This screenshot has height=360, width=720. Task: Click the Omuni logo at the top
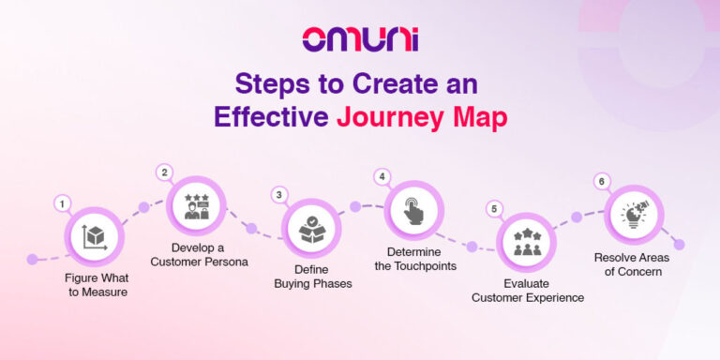tap(359, 39)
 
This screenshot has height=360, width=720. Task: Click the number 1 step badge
tap(62, 203)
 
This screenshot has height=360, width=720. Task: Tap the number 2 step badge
tap(165, 172)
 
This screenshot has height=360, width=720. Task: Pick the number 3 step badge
tap(278, 195)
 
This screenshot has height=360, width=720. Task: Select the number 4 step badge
tap(381, 176)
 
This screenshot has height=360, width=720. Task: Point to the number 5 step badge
tap(494, 209)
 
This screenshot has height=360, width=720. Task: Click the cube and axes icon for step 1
tap(94, 236)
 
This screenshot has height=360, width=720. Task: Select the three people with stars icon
tap(526, 243)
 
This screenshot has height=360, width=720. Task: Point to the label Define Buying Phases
tap(313, 277)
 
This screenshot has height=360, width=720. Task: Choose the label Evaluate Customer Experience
tap(528, 291)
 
